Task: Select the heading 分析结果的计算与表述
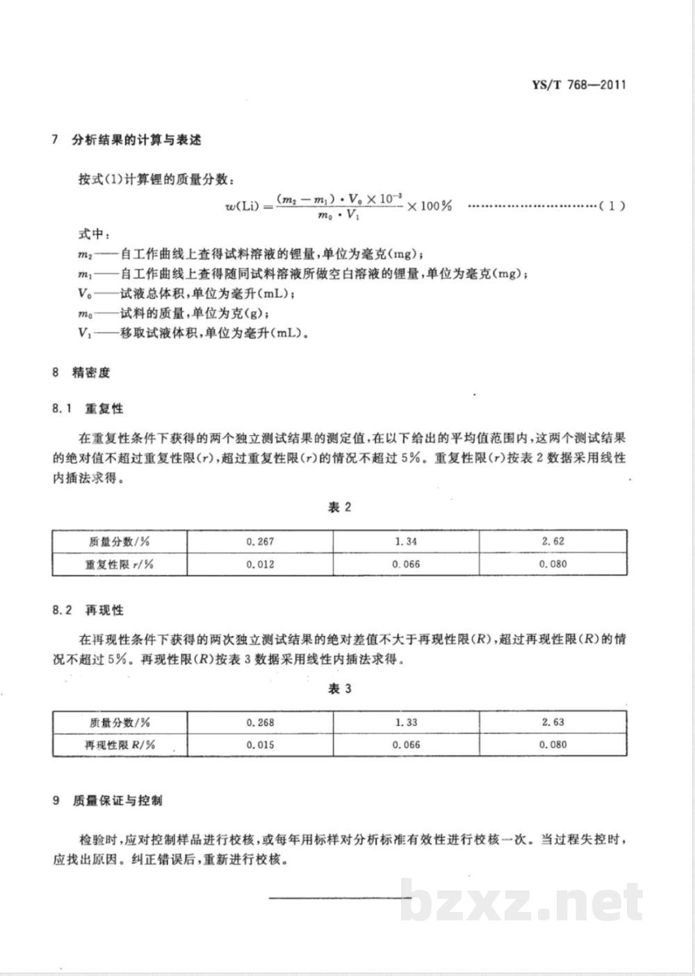tap(137, 140)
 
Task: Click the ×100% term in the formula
tap(430, 206)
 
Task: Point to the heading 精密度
tap(91, 373)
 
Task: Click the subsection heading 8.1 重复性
tap(88, 408)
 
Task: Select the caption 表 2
tap(339, 507)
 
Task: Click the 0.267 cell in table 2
tap(260, 542)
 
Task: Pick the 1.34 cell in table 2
tap(406, 542)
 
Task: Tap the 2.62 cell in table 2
tap(553, 542)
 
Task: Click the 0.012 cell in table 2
tap(260, 564)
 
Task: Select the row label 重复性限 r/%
tap(119, 564)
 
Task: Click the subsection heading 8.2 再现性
tap(88, 610)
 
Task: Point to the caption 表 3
tap(339, 689)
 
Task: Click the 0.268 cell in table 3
tap(260, 722)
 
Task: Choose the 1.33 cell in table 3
tap(406, 722)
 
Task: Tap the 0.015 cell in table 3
tap(260, 745)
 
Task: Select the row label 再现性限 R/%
tap(119, 745)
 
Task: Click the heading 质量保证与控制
tap(117, 801)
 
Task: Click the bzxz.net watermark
tap(521, 900)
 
